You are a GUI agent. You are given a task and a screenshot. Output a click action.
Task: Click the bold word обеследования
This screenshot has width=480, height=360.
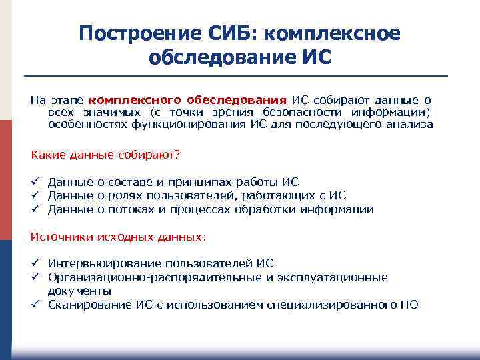click(237, 100)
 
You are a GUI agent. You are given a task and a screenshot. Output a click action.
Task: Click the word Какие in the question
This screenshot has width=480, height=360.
click(46, 155)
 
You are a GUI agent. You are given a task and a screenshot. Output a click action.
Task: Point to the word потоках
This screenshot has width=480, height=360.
click(131, 209)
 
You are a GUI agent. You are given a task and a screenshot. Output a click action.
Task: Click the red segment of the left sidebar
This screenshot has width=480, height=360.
click(6, 180)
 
